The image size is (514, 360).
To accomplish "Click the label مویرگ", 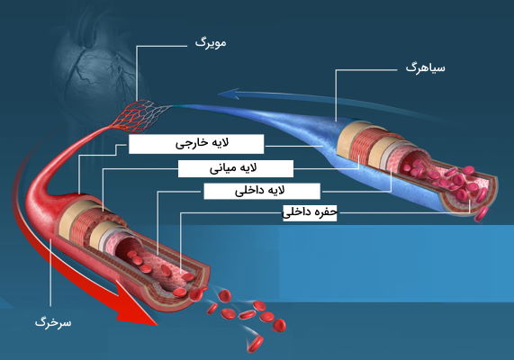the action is pyautogui.click(x=211, y=43).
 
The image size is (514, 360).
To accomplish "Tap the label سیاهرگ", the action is pyautogui.click(x=425, y=67).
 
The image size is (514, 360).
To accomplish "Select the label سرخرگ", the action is pyautogui.click(x=53, y=322).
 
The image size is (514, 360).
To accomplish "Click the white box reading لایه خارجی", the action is pyautogui.click(x=196, y=144).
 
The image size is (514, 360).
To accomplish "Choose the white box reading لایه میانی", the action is pyautogui.click(x=235, y=168).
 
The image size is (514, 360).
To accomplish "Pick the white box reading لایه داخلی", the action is pyautogui.click(x=262, y=191).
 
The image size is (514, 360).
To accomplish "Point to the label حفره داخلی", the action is pyautogui.click(x=310, y=212).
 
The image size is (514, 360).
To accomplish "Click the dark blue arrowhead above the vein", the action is pyautogui.click(x=230, y=94).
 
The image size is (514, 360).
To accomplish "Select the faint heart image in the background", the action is pyautogui.click(x=98, y=66).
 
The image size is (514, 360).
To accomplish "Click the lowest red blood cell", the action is pyautogui.click(x=255, y=344).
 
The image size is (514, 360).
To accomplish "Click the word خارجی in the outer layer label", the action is pyautogui.click(x=188, y=144).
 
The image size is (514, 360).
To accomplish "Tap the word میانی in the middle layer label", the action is pyautogui.click(x=223, y=168).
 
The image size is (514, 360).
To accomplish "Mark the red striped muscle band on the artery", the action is pyautogui.click(x=86, y=226).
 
